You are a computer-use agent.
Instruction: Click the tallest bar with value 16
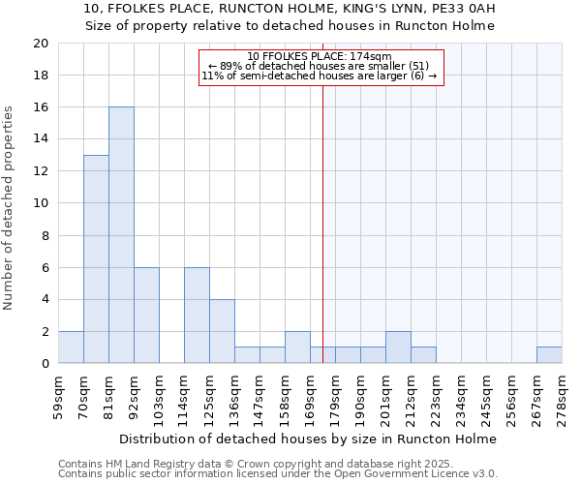[121, 235]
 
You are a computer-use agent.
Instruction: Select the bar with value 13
[96, 259]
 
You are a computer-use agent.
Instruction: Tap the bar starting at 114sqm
[197, 316]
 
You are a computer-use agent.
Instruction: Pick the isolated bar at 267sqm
[549, 355]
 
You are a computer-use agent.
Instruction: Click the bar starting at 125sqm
[222, 331]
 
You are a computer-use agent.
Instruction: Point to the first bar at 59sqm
[71, 348]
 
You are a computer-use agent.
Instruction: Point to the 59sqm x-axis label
[58, 395]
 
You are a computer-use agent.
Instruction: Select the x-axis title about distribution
[310, 439]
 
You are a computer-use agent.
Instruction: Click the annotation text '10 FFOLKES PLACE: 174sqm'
[320, 56]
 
